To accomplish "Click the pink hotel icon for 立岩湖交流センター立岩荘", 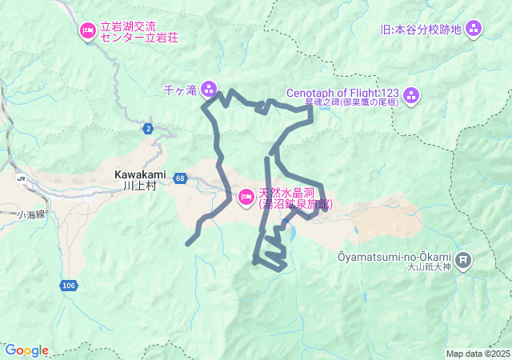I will pyautogui.click(x=86, y=31).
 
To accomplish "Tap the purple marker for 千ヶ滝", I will pyautogui.click(x=209, y=88).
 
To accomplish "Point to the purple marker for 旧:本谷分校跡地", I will pyautogui.click(x=474, y=30).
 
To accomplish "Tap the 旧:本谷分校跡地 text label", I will pyautogui.click(x=422, y=30).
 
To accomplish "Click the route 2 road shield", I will pyautogui.click(x=148, y=128).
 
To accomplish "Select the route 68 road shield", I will pyautogui.click(x=181, y=178).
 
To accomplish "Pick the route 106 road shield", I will pyautogui.click(x=68, y=285).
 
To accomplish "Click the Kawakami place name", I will pyautogui.click(x=139, y=174).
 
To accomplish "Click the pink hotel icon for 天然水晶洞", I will pyautogui.click(x=247, y=195).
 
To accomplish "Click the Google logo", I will pyautogui.click(x=26, y=350).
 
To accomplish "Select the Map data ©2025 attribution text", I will pyautogui.click(x=478, y=354).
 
